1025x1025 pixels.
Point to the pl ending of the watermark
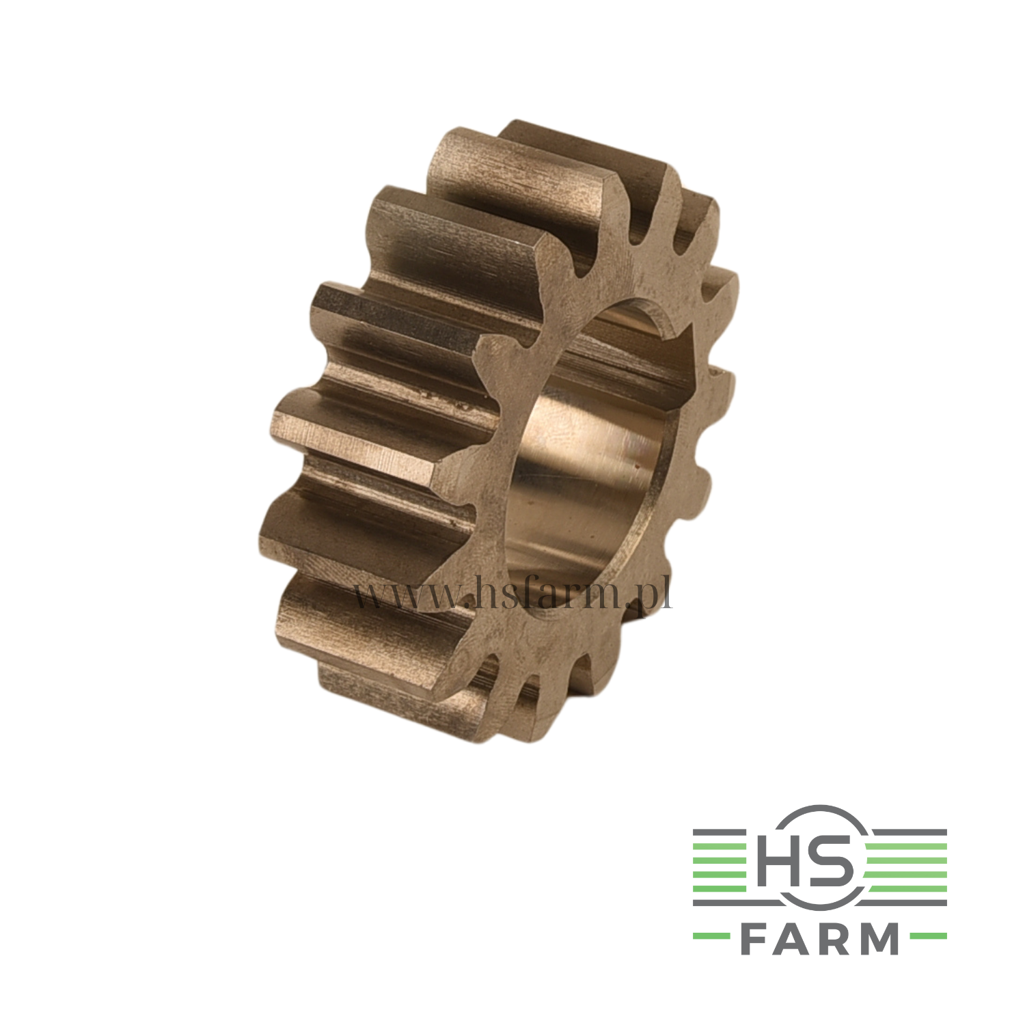tap(654, 593)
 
